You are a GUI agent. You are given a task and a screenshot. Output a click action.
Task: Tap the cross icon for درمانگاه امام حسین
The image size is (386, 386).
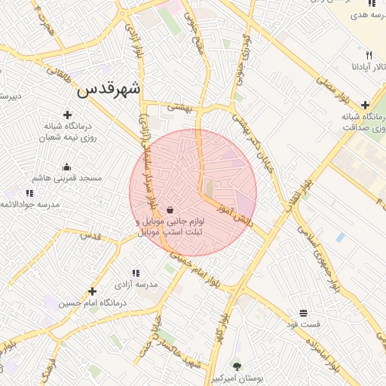[93, 291]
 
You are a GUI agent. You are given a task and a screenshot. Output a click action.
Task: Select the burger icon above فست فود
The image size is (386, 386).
[303, 312]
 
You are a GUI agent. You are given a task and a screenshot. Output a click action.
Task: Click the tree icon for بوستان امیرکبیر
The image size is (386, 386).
[237, 366]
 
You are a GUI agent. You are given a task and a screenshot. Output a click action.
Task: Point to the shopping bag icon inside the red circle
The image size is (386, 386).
[170, 210]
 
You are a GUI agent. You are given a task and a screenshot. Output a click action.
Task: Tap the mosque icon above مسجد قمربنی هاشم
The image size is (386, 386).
[66, 167]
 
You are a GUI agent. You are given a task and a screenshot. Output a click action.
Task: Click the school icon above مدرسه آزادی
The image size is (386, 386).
[136, 273]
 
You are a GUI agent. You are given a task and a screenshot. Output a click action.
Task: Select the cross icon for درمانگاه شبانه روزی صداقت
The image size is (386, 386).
[365, 106]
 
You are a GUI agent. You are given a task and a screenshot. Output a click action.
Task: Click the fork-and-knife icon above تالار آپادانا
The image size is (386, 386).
[369, 55]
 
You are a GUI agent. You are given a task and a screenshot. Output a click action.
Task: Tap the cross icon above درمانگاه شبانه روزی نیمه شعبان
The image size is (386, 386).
[68, 115]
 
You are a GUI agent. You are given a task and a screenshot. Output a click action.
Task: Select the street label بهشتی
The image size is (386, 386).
[180, 108]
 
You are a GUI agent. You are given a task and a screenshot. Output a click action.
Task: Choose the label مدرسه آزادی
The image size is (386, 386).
[136, 284]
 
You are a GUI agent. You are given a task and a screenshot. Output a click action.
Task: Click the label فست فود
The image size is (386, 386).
[302, 323]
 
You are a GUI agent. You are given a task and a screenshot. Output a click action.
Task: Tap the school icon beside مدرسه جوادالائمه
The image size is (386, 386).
[29, 194]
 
